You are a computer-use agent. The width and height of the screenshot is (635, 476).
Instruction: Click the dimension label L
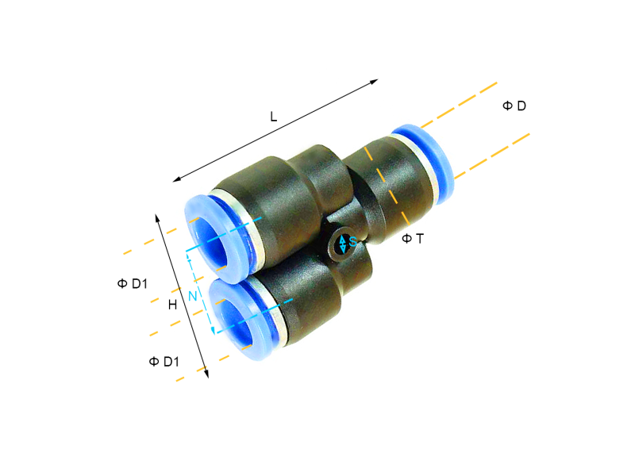click(273, 117)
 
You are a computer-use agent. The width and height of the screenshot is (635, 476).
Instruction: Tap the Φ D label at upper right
click(514, 106)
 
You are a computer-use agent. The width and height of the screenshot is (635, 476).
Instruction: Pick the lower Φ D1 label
click(164, 362)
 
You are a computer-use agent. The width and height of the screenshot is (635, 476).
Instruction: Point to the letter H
click(172, 305)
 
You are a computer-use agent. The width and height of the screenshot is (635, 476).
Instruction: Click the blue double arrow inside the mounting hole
click(342, 244)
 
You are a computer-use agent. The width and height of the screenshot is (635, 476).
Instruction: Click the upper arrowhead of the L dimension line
click(376, 81)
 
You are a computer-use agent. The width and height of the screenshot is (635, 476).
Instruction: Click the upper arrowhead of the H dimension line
click(158, 216)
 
